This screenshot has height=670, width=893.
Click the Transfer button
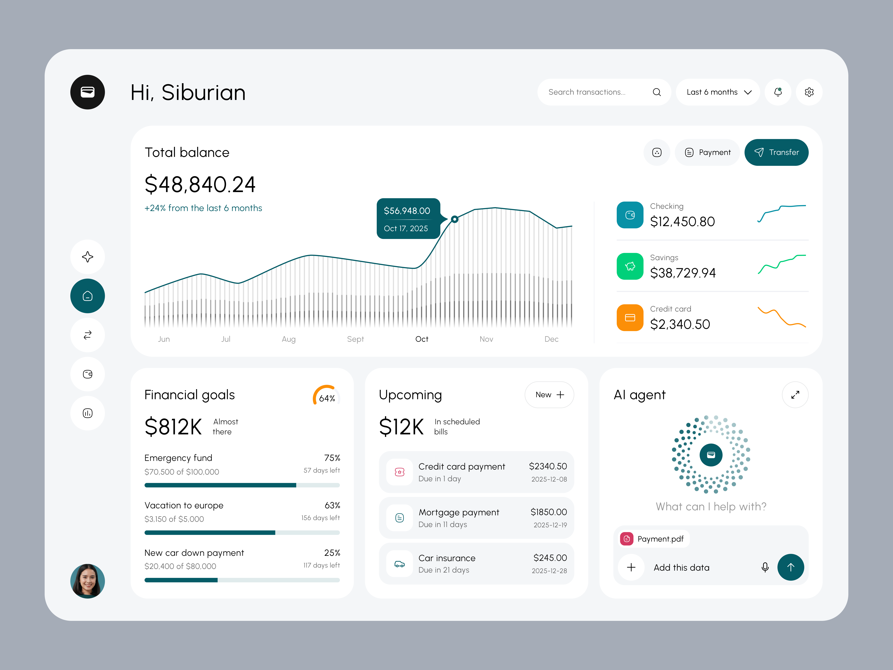coord(776,152)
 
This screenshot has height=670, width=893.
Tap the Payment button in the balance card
coord(707,152)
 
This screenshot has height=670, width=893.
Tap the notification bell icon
coord(778,92)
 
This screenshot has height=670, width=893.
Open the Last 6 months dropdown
coord(718,92)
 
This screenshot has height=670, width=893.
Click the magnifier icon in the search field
coord(656,92)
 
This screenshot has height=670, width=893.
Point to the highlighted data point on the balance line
coord(455,219)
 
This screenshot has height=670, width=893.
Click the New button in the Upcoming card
coord(549,395)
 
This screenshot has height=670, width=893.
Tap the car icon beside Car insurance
coord(399,564)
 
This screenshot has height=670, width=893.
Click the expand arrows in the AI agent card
coord(795,395)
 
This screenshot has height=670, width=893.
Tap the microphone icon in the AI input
coord(765,567)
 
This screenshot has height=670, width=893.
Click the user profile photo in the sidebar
coord(88,581)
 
